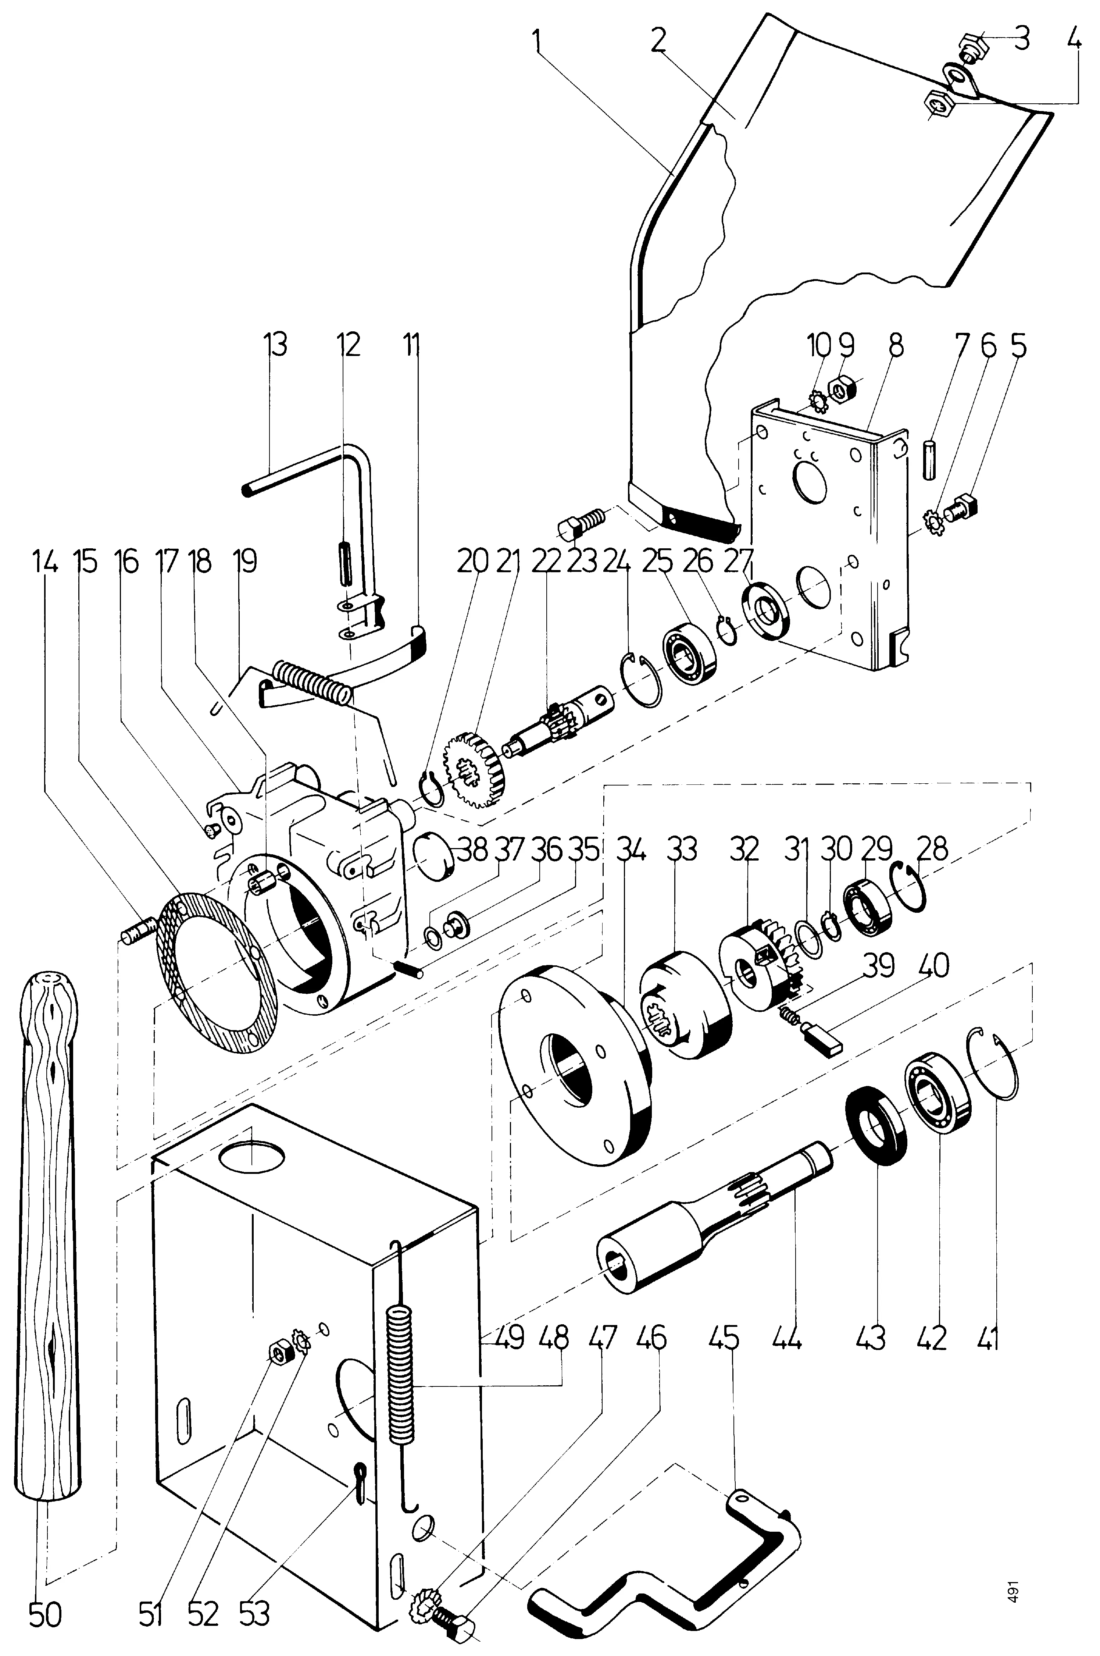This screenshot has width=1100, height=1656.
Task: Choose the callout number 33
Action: pos(682,849)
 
